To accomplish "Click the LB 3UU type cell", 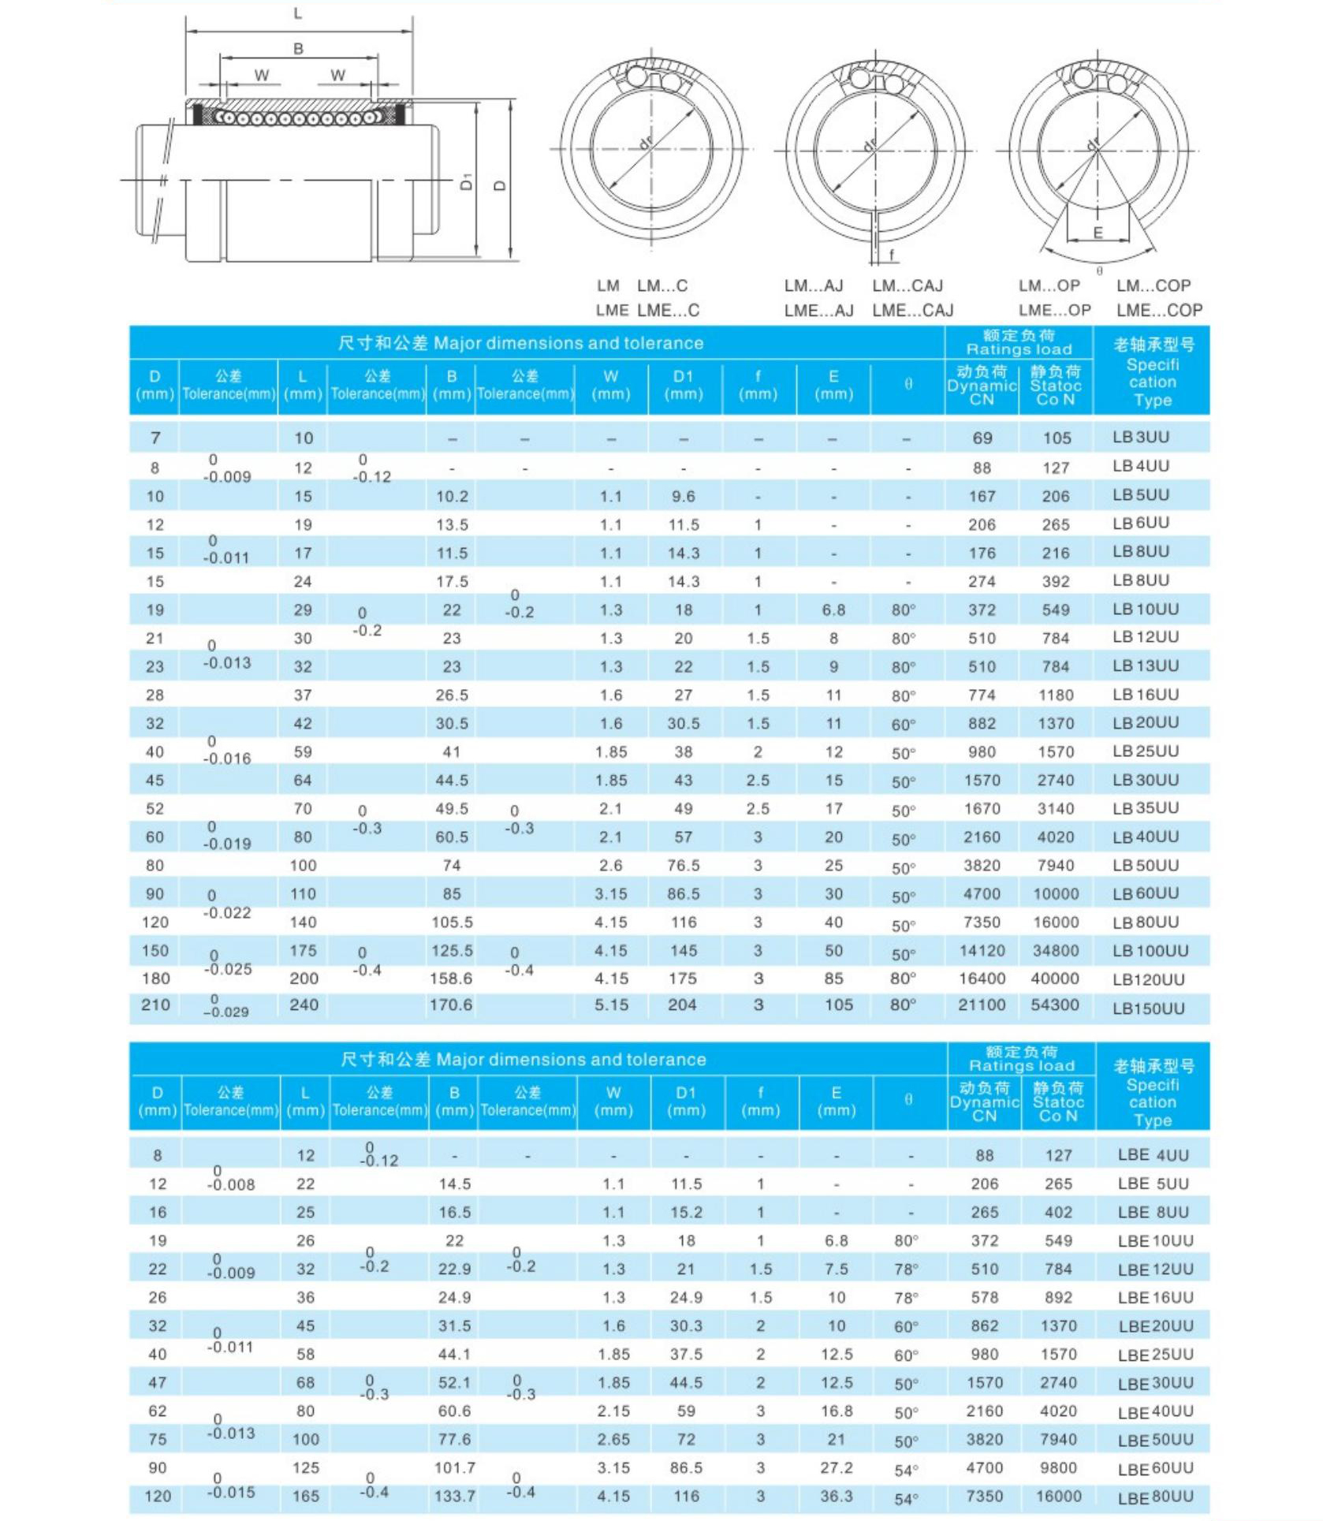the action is (1141, 437).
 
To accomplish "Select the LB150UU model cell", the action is (1149, 1008).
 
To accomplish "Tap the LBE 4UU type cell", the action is (1153, 1155).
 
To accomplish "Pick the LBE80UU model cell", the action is (1155, 1497).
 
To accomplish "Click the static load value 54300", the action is (1055, 1005).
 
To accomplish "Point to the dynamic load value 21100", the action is (982, 1005).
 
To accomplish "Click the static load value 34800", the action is (1056, 951).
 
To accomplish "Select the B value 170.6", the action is (451, 1005).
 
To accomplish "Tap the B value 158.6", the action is (451, 979).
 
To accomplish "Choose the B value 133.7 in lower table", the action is (455, 1496).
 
